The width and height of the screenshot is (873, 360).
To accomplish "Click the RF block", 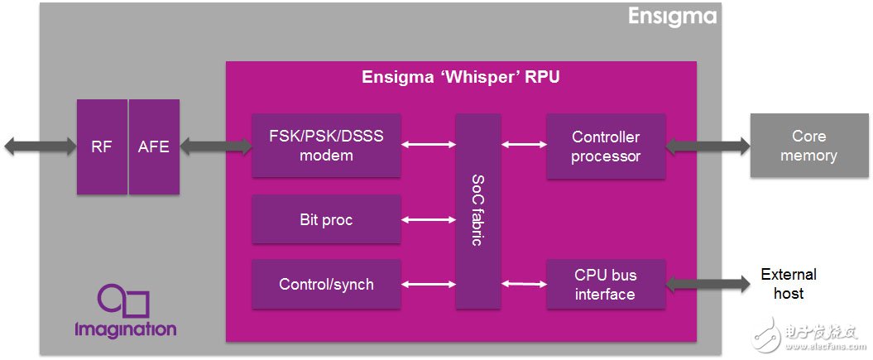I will click(x=102, y=146).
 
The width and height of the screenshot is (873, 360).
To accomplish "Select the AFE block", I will click(x=154, y=146).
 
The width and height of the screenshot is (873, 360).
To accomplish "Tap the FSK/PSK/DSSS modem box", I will click(x=326, y=146).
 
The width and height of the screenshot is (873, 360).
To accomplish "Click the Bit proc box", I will click(x=326, y=220).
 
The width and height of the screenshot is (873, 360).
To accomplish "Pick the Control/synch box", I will click(x=326, y=284).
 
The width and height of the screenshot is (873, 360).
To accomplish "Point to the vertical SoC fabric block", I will click(x=478, y=211).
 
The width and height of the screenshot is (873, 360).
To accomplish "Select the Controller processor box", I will click(x=606, y=146).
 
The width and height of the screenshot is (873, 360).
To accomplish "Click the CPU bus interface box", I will click(x=606, y=284).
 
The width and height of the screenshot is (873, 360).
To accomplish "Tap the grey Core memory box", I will click(x=808, y=146).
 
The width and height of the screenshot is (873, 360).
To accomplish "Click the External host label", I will click(x=788, y=284).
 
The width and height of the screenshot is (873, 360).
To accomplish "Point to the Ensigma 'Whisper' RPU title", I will click(x=462, y=78).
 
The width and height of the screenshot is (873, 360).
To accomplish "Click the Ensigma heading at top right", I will click(x=671, y=17).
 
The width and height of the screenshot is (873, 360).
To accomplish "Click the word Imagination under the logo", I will click(x=125, y=329).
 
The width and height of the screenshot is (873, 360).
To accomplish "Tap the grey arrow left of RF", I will click(x=40, y=146).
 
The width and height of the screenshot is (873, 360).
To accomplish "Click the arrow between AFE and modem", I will click(x=216, y=146).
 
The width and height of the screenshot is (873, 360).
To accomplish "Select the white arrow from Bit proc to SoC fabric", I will click(x=428, y=220).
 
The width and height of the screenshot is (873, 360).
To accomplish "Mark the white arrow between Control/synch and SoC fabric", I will click(x=428, y=284).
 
